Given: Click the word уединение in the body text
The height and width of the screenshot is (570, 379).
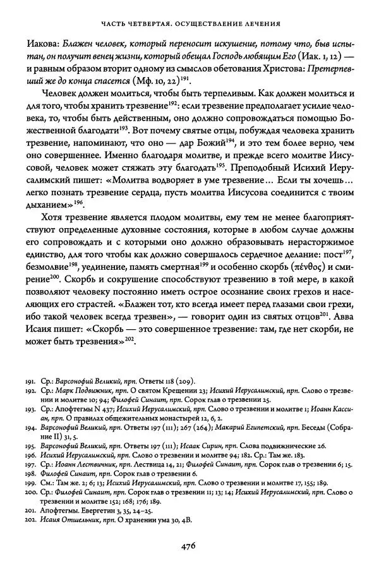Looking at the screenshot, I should [x=104, y=269].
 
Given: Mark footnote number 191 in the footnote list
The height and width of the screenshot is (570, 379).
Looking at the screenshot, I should [x=34, y=382].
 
